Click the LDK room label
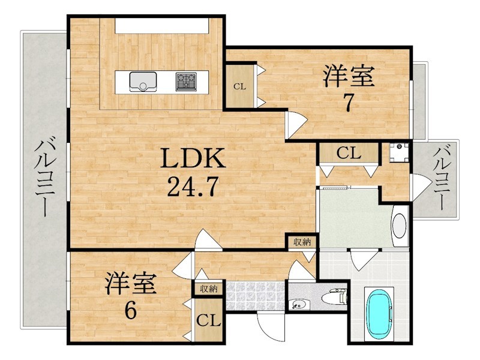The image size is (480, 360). (193, 158)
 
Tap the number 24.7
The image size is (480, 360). (193, 187)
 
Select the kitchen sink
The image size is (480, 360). (143, 82)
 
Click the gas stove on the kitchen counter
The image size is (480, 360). (186, 82)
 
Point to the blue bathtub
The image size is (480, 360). (380, 314)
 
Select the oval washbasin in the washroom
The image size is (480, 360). (399, 226)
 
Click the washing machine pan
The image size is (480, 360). (398, 152)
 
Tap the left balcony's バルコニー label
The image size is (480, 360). (43, 178)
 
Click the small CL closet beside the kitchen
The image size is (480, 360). (239, 86)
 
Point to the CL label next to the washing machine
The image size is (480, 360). (349, 153)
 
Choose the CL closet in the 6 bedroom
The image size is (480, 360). (208, 321)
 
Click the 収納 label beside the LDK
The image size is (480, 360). (302, 242)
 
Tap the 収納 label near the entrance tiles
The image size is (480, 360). (208, 289)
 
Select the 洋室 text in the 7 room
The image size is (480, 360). (349, 77)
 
